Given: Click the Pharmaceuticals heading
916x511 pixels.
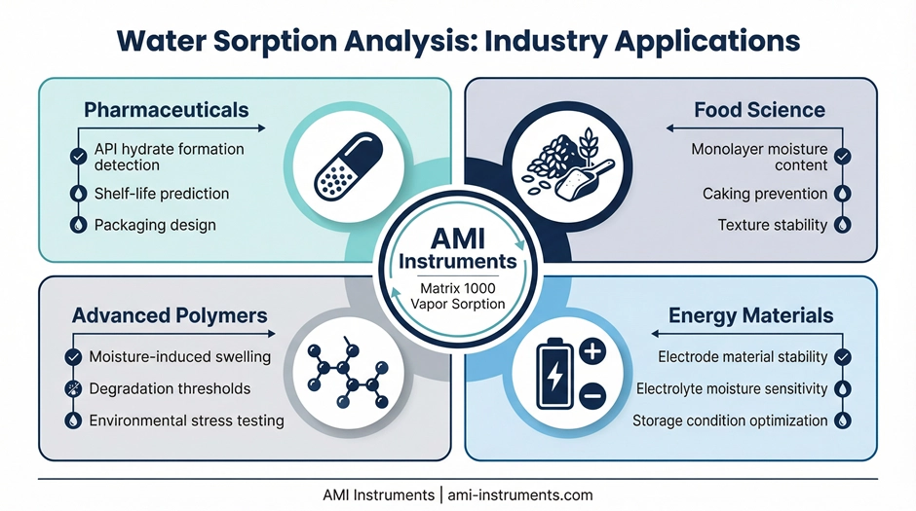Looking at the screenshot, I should click(x=166, y=109).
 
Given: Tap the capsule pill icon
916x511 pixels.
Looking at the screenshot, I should click(x=336, y=165).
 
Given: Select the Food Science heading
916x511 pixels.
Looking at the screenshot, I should click(x=759, y=109).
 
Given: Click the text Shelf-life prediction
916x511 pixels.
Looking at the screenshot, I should click(x=162, y=193).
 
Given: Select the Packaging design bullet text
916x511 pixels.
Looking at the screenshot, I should click(x=155, y=224).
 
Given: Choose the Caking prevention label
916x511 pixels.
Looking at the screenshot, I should click(x=765, y=194).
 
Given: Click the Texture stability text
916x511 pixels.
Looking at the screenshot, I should click(x=772, y=224).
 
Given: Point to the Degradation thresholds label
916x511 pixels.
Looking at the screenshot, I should click(x=170, y=388).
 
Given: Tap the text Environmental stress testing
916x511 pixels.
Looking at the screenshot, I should click(x=186, y=420).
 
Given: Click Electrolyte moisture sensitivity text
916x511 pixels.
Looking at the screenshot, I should click(x=732, y=388).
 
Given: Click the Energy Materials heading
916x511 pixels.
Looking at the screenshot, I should click(x=750, y=315).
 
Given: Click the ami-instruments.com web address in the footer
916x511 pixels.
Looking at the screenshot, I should click(x=520, y=494).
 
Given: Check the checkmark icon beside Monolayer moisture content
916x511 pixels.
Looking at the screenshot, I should click(x=843, y=156).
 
